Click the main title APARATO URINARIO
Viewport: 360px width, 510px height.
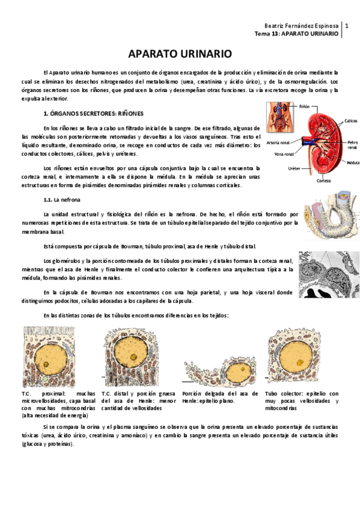[180, 54]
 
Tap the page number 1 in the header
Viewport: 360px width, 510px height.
[347, 26]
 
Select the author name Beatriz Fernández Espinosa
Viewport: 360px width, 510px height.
[302, 26]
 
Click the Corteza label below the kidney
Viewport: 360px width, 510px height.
[324, 180]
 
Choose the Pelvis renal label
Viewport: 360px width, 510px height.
[352, 144]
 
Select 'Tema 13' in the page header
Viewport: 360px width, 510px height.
[267, 35]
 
